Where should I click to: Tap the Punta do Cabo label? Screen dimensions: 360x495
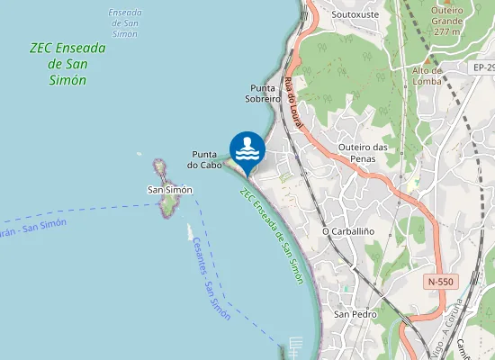point(205,159)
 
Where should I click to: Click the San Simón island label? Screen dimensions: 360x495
point(170,190)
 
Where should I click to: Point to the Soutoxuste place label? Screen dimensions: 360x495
point(355,14)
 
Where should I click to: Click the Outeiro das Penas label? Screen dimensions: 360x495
point(363,153)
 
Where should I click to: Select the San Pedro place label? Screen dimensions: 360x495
point(355,314)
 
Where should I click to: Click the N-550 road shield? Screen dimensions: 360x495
point(441,282)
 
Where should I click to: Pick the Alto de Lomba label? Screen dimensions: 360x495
point(427,76)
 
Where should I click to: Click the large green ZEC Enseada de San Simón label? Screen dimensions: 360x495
point(67,64)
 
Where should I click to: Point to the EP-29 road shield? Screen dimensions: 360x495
point(483,67)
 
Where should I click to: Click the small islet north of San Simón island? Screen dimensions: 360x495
point(159,167)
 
